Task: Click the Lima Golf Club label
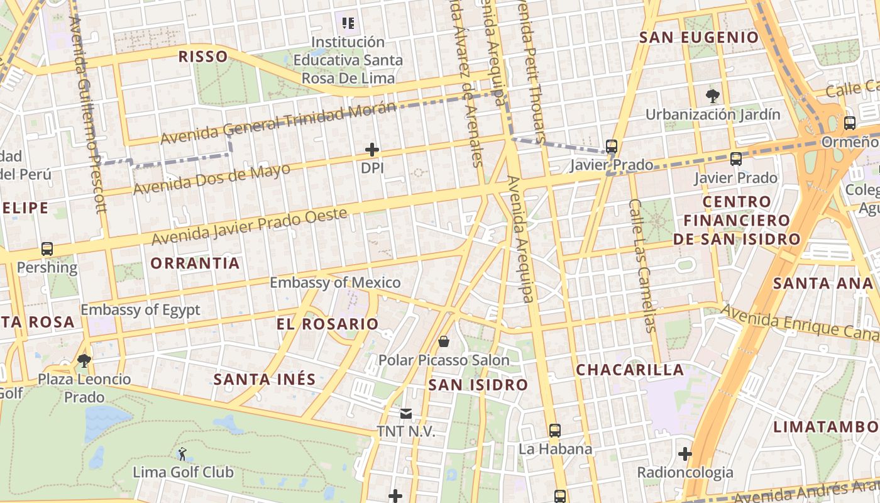coord(183,472)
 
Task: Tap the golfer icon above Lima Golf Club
coord(182,453)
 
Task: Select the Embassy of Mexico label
coord(335,283)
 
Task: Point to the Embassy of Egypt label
coord(140,310)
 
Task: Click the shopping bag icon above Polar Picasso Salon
coord(444,341)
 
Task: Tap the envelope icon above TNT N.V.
coord(406,413)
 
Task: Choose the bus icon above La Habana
coord(554,431)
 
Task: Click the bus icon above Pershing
coord(47,249)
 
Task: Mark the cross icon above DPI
coord(372,150)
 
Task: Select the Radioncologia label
coord(685,472)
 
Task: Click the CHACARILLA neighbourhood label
coord(630,370)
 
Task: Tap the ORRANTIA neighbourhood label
coord(195,263)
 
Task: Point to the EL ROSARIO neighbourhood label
coord(327,324)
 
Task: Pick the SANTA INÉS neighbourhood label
coord(264,380)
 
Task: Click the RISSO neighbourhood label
coord(203,57)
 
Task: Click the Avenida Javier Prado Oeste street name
coord(249,227)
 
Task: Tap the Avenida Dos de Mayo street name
coord(212,179)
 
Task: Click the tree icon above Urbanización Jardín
coord(712,96)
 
